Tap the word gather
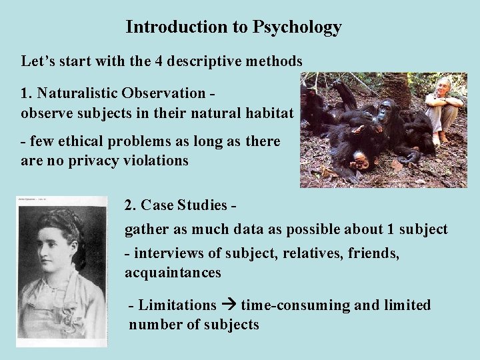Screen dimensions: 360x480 tap(145, 230)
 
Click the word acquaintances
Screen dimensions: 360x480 tap(173, 273)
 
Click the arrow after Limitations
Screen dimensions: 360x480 tap(229, 305)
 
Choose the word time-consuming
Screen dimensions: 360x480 tap(295, 305)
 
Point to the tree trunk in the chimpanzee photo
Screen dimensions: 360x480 tap(399, 89)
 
